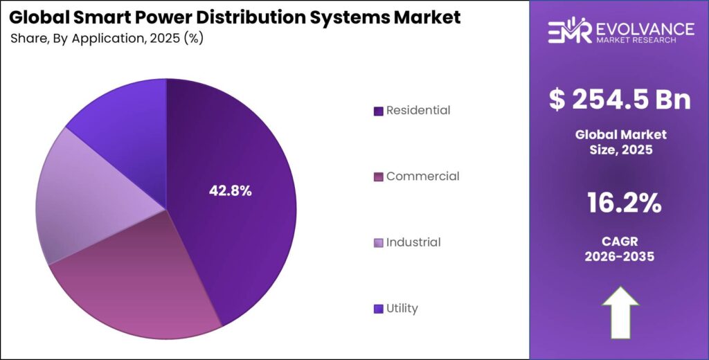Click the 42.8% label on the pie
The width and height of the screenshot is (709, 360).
(231, 190)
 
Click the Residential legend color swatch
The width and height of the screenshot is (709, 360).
(378, 111)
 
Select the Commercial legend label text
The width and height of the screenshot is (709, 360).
(422, 177)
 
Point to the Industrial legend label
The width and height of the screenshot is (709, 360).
(413, 242)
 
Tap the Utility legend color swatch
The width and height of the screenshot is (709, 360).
(378, 309)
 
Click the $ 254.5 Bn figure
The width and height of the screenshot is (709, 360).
(620, 99)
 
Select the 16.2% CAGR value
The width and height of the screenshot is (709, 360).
(620, 204)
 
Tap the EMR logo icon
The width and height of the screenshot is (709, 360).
(569, 32)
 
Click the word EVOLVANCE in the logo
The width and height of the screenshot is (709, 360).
(644, 28)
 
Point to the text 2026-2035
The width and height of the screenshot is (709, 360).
(620, 256)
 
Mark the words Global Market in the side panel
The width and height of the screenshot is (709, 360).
(620, 134)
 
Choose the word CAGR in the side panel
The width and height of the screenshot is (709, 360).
(620, 241)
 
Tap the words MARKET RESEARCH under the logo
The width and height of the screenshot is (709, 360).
(636, 41)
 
